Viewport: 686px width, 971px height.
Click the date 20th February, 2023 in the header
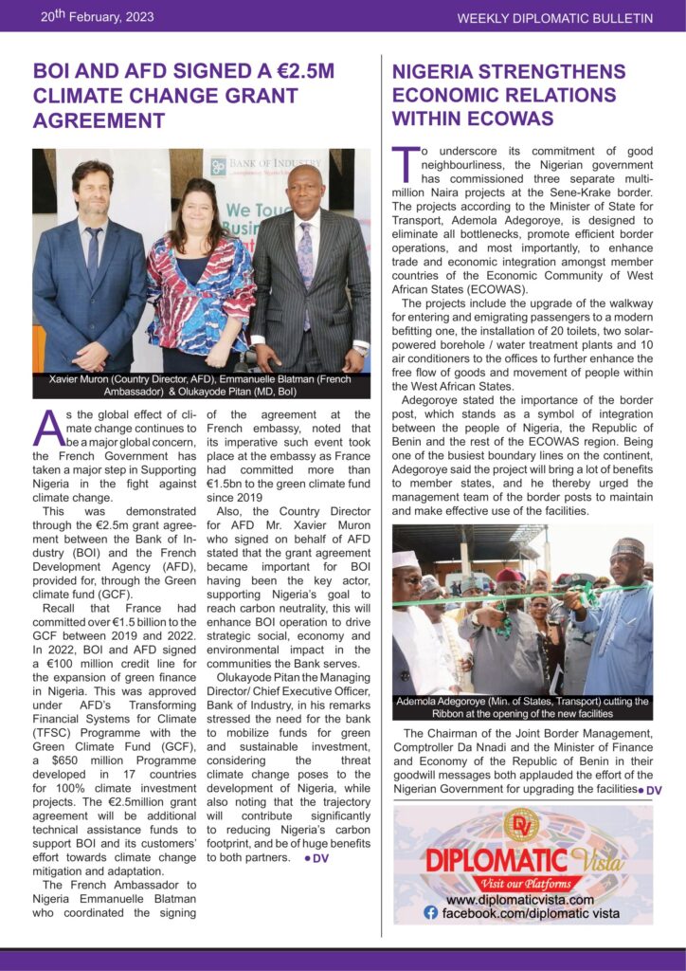(98, 16)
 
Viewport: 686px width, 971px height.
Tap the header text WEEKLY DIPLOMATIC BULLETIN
(555, 18)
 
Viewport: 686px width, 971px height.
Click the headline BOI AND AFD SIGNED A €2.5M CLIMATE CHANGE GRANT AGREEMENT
(184, 96)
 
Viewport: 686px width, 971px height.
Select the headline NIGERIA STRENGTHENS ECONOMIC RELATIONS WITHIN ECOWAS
(509, 95)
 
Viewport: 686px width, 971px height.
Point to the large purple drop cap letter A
(48, 429)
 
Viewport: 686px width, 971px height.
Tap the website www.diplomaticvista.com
(520, 899)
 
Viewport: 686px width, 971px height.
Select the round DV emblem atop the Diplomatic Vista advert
(521, 825)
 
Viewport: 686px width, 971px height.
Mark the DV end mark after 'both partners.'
(316, 858)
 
